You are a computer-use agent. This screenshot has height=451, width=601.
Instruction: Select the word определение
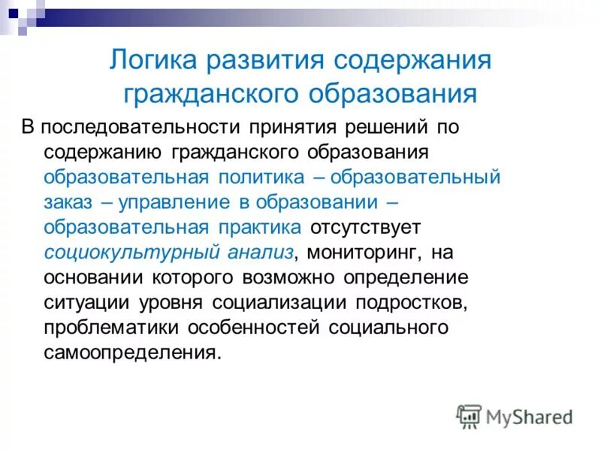pos(406,278)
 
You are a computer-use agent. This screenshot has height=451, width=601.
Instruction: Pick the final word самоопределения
pos(133,353)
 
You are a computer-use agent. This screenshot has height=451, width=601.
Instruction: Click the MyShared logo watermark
pos(515,416)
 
